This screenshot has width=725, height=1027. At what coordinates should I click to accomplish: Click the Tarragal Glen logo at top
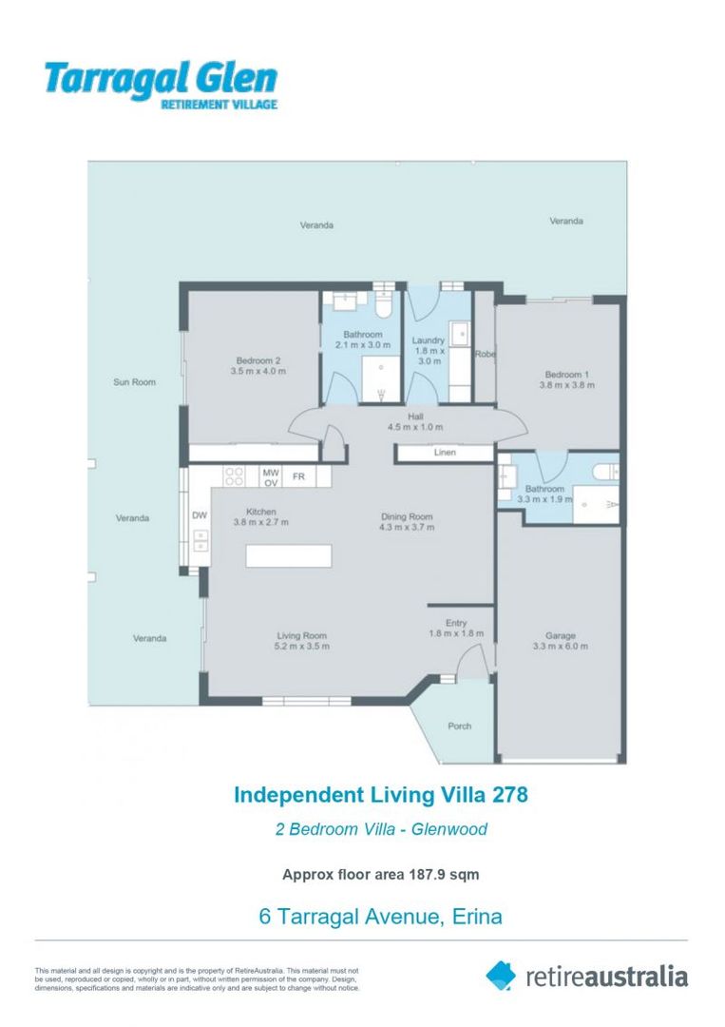[160, 85]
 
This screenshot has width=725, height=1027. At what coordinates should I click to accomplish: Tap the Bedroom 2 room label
[258, 360]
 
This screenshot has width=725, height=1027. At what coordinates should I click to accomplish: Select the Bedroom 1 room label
[566, 374]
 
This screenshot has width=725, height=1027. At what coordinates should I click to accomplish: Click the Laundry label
[429, 340]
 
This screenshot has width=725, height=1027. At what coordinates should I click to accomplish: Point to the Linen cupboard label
[445, 454]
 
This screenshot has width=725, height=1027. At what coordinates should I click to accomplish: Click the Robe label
[485, 355]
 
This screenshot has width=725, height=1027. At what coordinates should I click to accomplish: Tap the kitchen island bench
[289, 555]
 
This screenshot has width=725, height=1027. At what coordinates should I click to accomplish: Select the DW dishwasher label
[200, 515]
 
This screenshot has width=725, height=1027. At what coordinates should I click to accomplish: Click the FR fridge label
[297, 475]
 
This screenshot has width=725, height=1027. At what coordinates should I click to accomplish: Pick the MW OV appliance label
[270, 477]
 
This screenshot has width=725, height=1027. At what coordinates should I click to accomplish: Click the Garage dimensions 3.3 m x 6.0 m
[561, 647]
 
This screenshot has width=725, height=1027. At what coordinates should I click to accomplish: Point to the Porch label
[459, 727]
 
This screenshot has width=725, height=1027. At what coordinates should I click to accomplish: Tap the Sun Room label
[134, 382]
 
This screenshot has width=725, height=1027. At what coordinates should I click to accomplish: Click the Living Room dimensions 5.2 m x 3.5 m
[302, 647]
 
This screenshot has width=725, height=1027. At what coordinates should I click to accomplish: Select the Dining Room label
[406, 517]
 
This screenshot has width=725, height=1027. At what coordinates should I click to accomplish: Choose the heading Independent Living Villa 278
[380, 794]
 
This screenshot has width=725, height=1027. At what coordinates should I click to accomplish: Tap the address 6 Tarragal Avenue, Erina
[380, 917]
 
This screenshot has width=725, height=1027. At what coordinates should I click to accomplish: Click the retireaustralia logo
[586, 976]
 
